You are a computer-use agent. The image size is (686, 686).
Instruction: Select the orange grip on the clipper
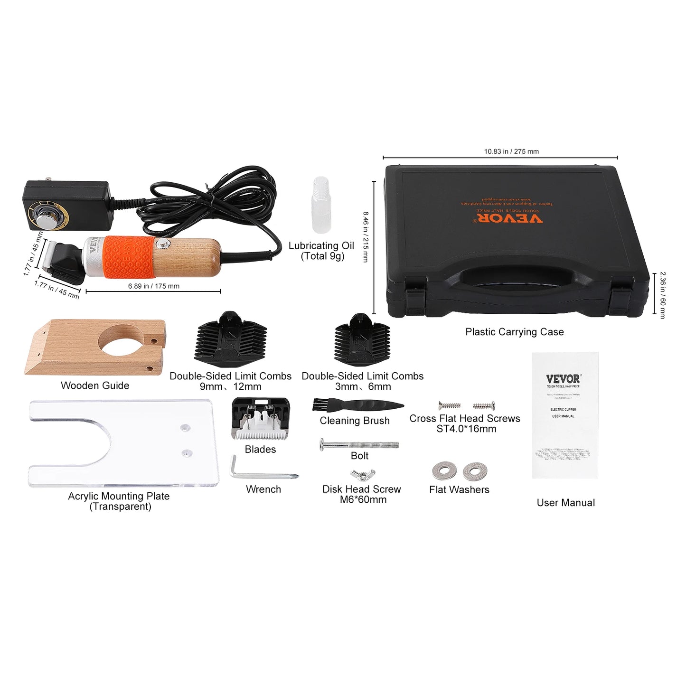pos(129,256)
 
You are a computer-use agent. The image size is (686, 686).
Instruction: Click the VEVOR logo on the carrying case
pos(509,218)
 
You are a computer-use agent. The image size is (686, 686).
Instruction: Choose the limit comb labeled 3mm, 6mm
pos(362,340)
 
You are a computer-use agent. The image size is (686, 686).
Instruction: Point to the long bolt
pos(359,445)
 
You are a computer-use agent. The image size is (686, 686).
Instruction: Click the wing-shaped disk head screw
pos(363,474)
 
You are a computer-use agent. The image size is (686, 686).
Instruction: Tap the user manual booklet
pos(564,415)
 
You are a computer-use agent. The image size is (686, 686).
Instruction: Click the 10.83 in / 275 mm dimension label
pos(511,151)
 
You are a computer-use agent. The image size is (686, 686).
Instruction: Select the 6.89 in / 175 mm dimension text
pos(153,286)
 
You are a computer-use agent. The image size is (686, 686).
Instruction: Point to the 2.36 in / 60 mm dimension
pos(662,295)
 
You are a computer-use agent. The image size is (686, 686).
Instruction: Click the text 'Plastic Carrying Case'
pos(514,332)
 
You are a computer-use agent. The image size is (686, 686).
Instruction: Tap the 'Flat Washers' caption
pos(459,489)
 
